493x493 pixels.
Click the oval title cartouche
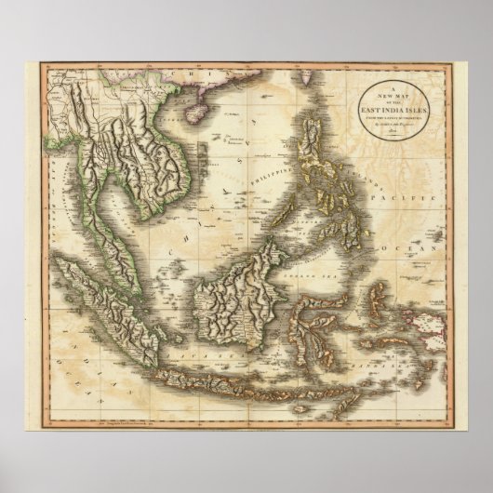[x=383, y=111]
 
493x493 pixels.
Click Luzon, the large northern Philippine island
[x=326, y=149]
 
